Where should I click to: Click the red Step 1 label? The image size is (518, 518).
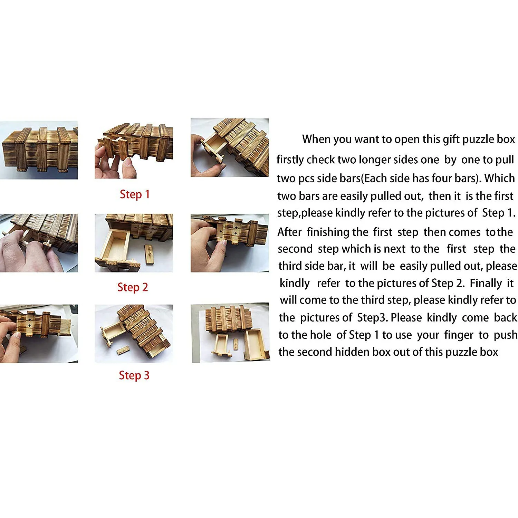pyautogui.click(x=135, y=194)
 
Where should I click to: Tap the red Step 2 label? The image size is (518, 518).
pyautogui.click(x=133, y=287)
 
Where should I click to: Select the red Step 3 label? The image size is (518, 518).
pyautogui.click(x=134, y=375)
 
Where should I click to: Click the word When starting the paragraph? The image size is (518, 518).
pyautogui.click(x=316, y=139)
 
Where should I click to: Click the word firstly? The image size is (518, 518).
pyautogui.click(x=290, y=160)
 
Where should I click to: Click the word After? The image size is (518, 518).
pyautogui.click(x=290, y=232)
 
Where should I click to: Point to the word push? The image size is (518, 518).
pyautogui.click(x=506, y=335)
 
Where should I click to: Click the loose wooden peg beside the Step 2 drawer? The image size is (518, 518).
pyautogui.click(x=150, y=254)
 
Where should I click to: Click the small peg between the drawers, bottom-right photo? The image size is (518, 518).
pyautogui.click(x=236, y=344)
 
